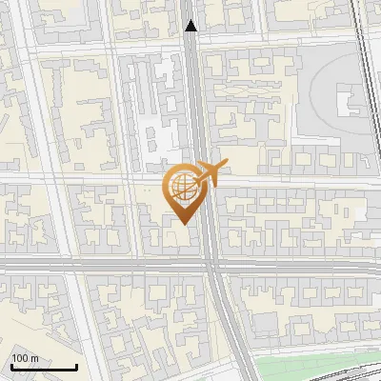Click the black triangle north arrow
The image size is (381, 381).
(x=191, y=26)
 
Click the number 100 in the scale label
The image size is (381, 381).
(x=20, y=358)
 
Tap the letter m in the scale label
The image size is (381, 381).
(x=34, y=358)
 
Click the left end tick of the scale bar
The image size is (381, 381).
(x=10, y=365)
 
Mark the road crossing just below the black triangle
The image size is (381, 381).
(x=192, y=43)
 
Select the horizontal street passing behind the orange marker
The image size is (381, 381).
(x=95, y=179)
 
